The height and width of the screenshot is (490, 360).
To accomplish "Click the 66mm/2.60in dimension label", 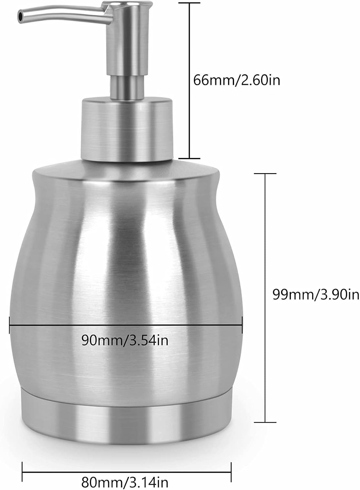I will pos(237,80).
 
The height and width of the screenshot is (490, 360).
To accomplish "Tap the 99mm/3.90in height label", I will pos(316,295).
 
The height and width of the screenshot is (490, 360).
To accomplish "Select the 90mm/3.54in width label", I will pos(125,341).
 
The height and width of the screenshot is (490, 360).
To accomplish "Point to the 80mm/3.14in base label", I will pos(125,481).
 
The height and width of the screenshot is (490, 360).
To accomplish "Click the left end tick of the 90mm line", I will pos(9,325).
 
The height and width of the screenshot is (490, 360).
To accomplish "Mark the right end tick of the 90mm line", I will pos(242,325).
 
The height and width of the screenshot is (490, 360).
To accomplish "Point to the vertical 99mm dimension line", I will pos(265,248).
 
